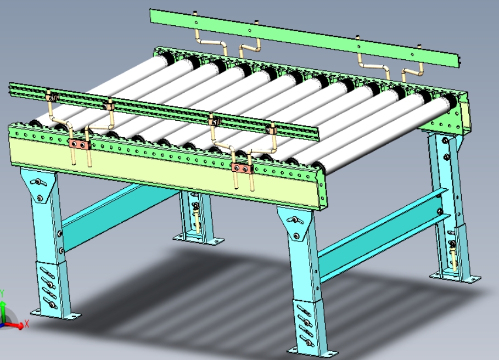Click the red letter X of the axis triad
[26, 324]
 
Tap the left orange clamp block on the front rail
[79, 144]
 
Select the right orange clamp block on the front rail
[242, 168]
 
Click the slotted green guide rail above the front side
[164, 109]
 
